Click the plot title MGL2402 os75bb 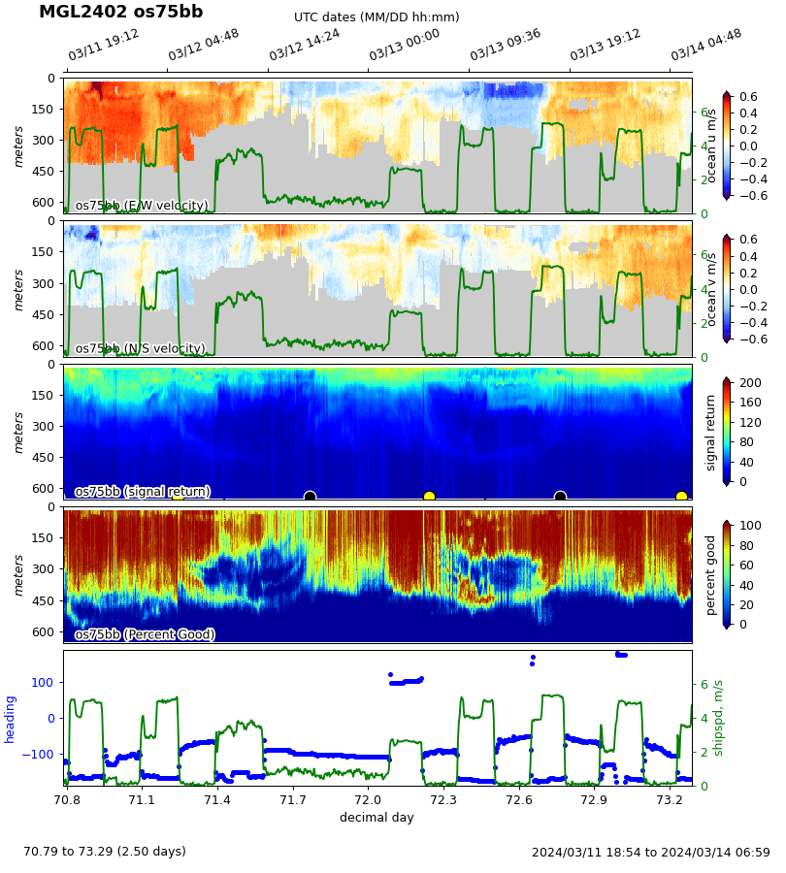[x=120, y=13]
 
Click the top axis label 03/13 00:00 [x=405, y=46]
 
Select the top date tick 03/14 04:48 [x=706, y=46]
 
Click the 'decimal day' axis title [x=377, y=818]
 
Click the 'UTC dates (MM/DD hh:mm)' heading [x=377, y=17]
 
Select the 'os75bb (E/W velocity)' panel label [x=142, y=206]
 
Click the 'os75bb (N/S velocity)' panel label [x=141, y=349]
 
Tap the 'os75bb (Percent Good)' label [x=145, y=635]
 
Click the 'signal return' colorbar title [x=711, y=433]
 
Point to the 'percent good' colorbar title [x=711, y=575]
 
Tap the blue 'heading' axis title [x=11, y=719]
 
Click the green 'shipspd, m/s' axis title [x=719, y=719]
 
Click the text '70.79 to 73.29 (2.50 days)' [x=105, y=852]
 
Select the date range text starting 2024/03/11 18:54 [x=650, y=853]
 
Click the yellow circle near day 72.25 [x=429, y=497]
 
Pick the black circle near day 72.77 [x=560, y=497]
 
